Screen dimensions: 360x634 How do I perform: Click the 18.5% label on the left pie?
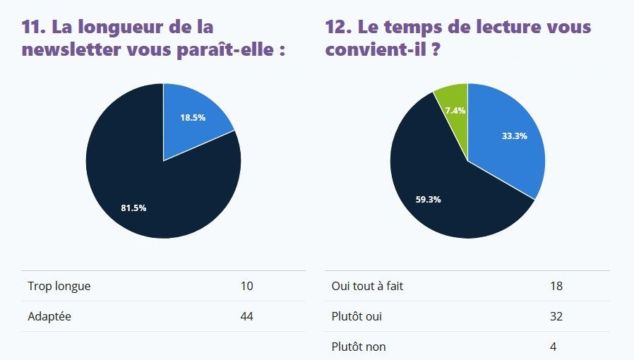point(193,118)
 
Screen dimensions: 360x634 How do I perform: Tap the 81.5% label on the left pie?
point(133,208)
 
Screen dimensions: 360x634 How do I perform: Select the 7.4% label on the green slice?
point(455,111)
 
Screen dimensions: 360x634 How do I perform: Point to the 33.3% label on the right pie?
point(515,136)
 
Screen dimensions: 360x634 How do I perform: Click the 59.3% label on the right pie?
point(428,199)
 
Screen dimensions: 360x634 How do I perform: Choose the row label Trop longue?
point(59,286)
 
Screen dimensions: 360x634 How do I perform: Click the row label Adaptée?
point(49,317)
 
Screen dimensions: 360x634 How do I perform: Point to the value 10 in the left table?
point(246,286)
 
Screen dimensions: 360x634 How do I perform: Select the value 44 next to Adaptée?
point(246,317)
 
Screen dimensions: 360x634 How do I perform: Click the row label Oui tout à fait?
point(367,286)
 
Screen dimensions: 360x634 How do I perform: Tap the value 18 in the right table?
point(556,286)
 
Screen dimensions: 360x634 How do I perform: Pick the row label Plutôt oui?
point(357,317)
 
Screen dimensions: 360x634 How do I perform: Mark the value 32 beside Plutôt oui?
point(556,317)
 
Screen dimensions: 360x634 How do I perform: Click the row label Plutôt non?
point(359,347)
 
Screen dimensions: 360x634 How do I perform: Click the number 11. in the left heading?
point(35,27)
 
